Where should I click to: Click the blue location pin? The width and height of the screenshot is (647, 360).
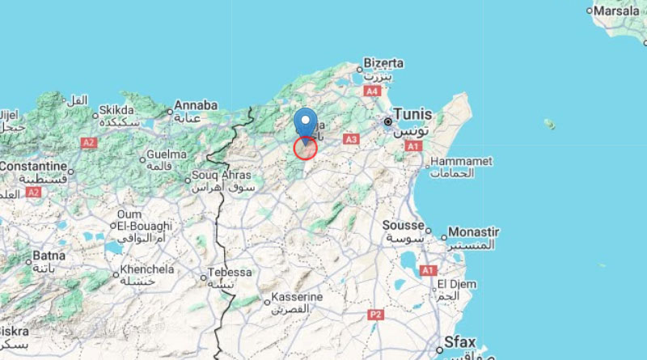(x=305, y=121)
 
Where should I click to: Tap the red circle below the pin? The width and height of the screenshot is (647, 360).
(x=305, y=148)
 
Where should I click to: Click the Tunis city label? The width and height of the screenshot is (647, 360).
(x=412, y=114)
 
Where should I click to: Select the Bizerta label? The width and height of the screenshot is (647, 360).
(x=383, y=61)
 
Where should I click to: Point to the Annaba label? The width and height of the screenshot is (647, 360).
(x=197, y=105)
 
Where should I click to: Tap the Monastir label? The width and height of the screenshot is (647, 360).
(x=474, y=231)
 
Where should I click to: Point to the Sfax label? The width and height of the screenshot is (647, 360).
(x=459, y=341)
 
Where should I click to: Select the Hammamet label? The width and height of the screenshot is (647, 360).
(x=462, y=161)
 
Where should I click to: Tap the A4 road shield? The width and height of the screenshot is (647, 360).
(x=372, y=92)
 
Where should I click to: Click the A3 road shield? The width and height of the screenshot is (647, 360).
(x=351, y=140)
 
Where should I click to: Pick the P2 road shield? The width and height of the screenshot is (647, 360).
(x=374, y=313)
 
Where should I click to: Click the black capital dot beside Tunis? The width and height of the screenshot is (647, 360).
(x=388, y=122)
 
